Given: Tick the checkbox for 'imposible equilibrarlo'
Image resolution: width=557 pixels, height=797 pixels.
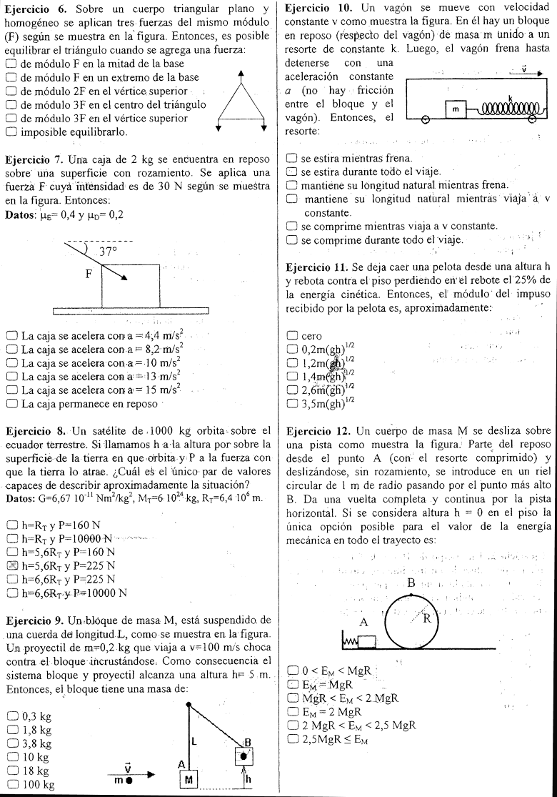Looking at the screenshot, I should [x=11, y=132].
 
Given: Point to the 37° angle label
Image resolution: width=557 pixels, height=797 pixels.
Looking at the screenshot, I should [x=108, y=252].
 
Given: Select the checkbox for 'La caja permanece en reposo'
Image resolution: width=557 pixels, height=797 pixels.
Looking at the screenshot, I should [x=11, y=404].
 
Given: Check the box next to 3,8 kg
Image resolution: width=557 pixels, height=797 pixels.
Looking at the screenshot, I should [x=11, y=743].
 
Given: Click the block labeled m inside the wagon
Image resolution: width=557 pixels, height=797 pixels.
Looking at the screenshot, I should [x=454, y=109].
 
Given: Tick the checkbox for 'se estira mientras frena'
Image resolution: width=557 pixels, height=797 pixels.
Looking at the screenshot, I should [x=291, y=158].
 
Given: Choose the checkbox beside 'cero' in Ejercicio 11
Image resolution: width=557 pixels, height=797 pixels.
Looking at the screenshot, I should [x=291, y=335].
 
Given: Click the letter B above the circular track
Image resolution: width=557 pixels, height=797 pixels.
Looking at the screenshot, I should [x=411, y=584].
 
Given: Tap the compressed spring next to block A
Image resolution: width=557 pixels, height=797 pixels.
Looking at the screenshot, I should [x=350, y=643].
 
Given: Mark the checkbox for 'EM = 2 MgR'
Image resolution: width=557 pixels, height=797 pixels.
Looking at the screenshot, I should [x=291, y=711].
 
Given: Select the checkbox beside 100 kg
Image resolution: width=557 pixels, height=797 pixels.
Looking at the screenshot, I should [x=11, y=785].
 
